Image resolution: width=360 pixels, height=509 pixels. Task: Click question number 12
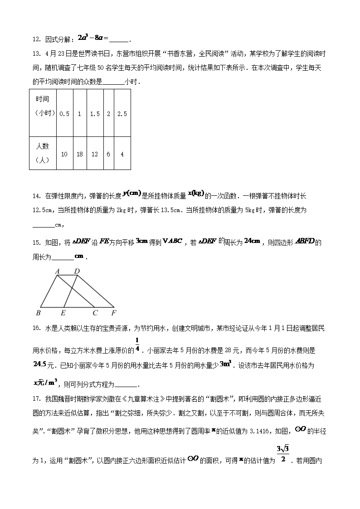click(37, 39)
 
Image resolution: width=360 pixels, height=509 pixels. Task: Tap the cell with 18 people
click(80, 154)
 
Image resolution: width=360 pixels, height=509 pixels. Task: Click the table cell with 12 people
click(95, 154)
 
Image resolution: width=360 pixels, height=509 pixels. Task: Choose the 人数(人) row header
click(42, 153)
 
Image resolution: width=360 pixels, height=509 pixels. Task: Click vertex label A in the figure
click(58, 271)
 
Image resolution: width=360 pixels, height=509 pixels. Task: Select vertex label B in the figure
click(38, 313)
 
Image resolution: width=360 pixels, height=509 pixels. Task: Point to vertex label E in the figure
click(63, 313)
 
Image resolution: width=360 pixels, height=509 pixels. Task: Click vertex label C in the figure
click(95, 313)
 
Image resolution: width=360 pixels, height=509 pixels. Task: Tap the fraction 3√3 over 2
click(283, 455)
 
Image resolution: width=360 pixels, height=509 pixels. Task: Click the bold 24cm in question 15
click(252, 241)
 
